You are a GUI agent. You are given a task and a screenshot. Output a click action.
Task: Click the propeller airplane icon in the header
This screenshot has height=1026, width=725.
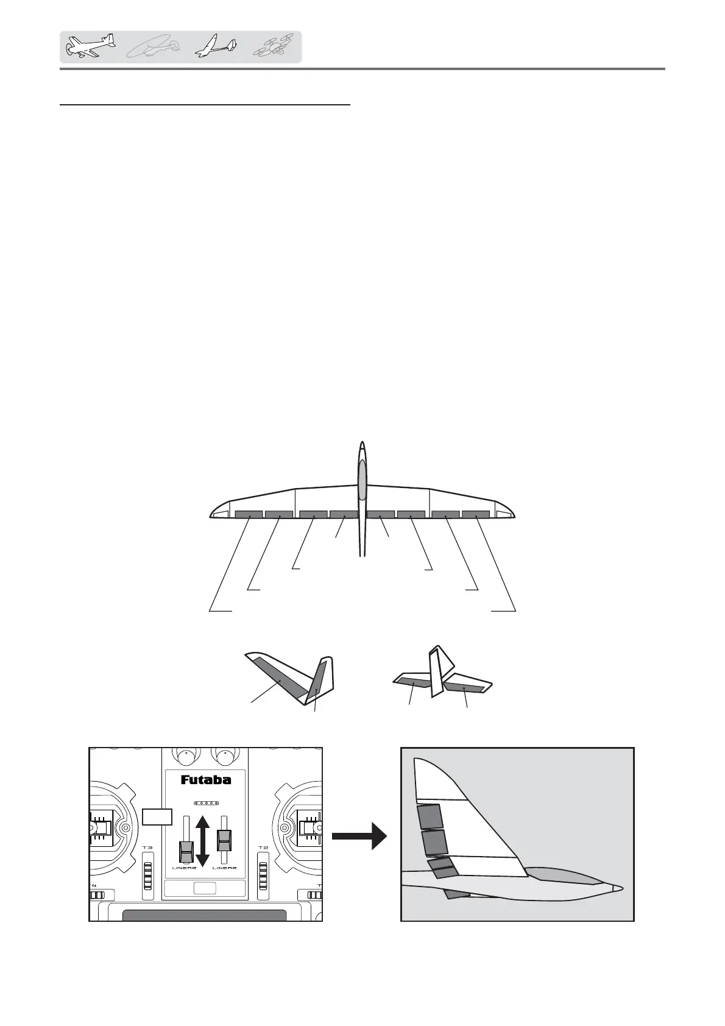click(x=90, y=47)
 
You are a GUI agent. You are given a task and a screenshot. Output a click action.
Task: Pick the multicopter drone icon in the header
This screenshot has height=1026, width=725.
click(x=274, y=46)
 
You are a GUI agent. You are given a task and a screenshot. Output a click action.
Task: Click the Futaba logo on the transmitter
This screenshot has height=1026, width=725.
click(x=205, y=780)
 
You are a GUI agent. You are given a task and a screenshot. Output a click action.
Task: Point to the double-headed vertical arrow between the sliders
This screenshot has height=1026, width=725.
click(x=203, y=841)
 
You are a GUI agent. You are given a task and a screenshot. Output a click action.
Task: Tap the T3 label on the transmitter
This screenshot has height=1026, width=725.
click(x=147, y=847)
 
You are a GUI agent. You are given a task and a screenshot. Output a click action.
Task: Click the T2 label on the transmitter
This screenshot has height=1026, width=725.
click(x=263, y=847)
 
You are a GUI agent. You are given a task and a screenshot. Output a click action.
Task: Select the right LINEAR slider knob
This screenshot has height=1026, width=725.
click(x=224, y=841)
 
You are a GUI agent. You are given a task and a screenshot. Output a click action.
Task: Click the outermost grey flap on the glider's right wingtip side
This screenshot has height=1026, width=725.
click(x=475, y=514)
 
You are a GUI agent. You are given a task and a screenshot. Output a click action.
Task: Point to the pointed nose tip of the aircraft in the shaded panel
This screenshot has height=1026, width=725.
click(x=620, y=888)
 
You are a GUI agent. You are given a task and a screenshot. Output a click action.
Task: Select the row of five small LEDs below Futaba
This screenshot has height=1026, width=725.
click(x=206, y=803)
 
